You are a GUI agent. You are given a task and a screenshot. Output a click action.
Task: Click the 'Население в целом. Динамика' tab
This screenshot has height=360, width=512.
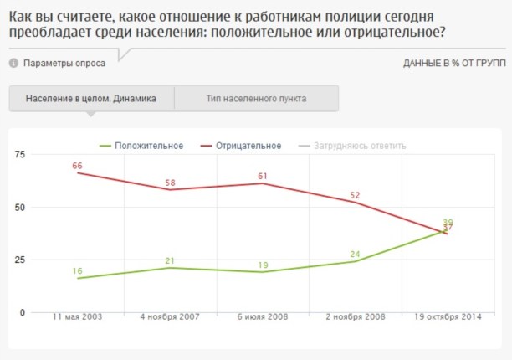(x=90, y=98)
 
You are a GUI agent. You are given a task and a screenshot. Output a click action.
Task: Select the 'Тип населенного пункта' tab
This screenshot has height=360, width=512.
(x=256, y=98)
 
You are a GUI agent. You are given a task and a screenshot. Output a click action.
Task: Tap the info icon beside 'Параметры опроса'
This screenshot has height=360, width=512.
(x=13, y=64)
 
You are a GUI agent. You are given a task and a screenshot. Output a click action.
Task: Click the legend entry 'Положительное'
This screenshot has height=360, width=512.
(x=149, y=146)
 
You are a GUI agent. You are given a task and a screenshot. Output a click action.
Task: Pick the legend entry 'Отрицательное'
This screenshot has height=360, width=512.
(x=248, y=146)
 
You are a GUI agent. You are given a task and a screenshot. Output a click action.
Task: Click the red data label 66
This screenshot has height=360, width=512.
(x=77, y=166)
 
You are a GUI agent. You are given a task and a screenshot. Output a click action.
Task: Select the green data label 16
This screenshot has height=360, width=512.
(x=77, y=271)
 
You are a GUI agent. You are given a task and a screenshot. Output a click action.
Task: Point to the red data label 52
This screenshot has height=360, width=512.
(x=355, y=195)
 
